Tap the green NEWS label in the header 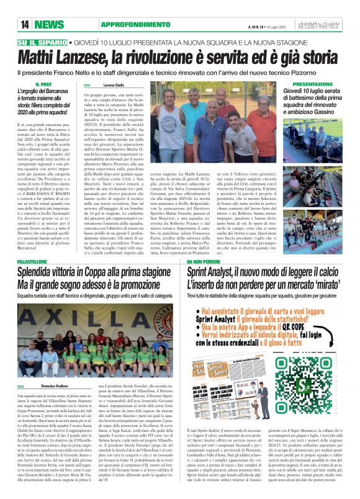54,24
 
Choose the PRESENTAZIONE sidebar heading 312,83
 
